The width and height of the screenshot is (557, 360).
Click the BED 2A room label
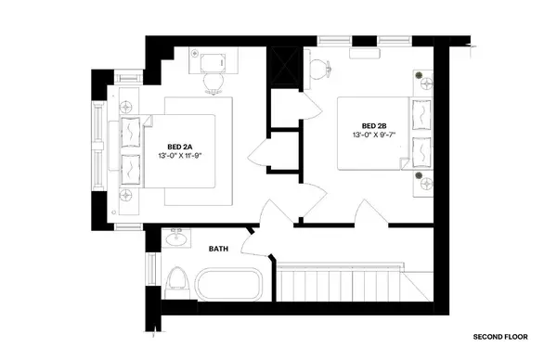coord(180,147)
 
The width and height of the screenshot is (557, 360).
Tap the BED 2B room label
coord(374,127)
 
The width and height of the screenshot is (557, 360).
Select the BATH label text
coord(218,249)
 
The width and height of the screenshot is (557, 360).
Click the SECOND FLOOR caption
coord(502,336)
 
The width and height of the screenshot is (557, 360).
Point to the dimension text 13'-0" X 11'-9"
coord(180,156)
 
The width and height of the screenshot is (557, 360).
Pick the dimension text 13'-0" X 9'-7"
coord(373,136)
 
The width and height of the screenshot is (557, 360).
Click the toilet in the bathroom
coord(176,280)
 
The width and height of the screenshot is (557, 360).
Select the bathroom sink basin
coord(173,240)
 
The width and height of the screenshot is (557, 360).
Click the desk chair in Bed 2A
coord(213,84)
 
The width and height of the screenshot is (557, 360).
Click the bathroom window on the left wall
coord(150,270)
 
